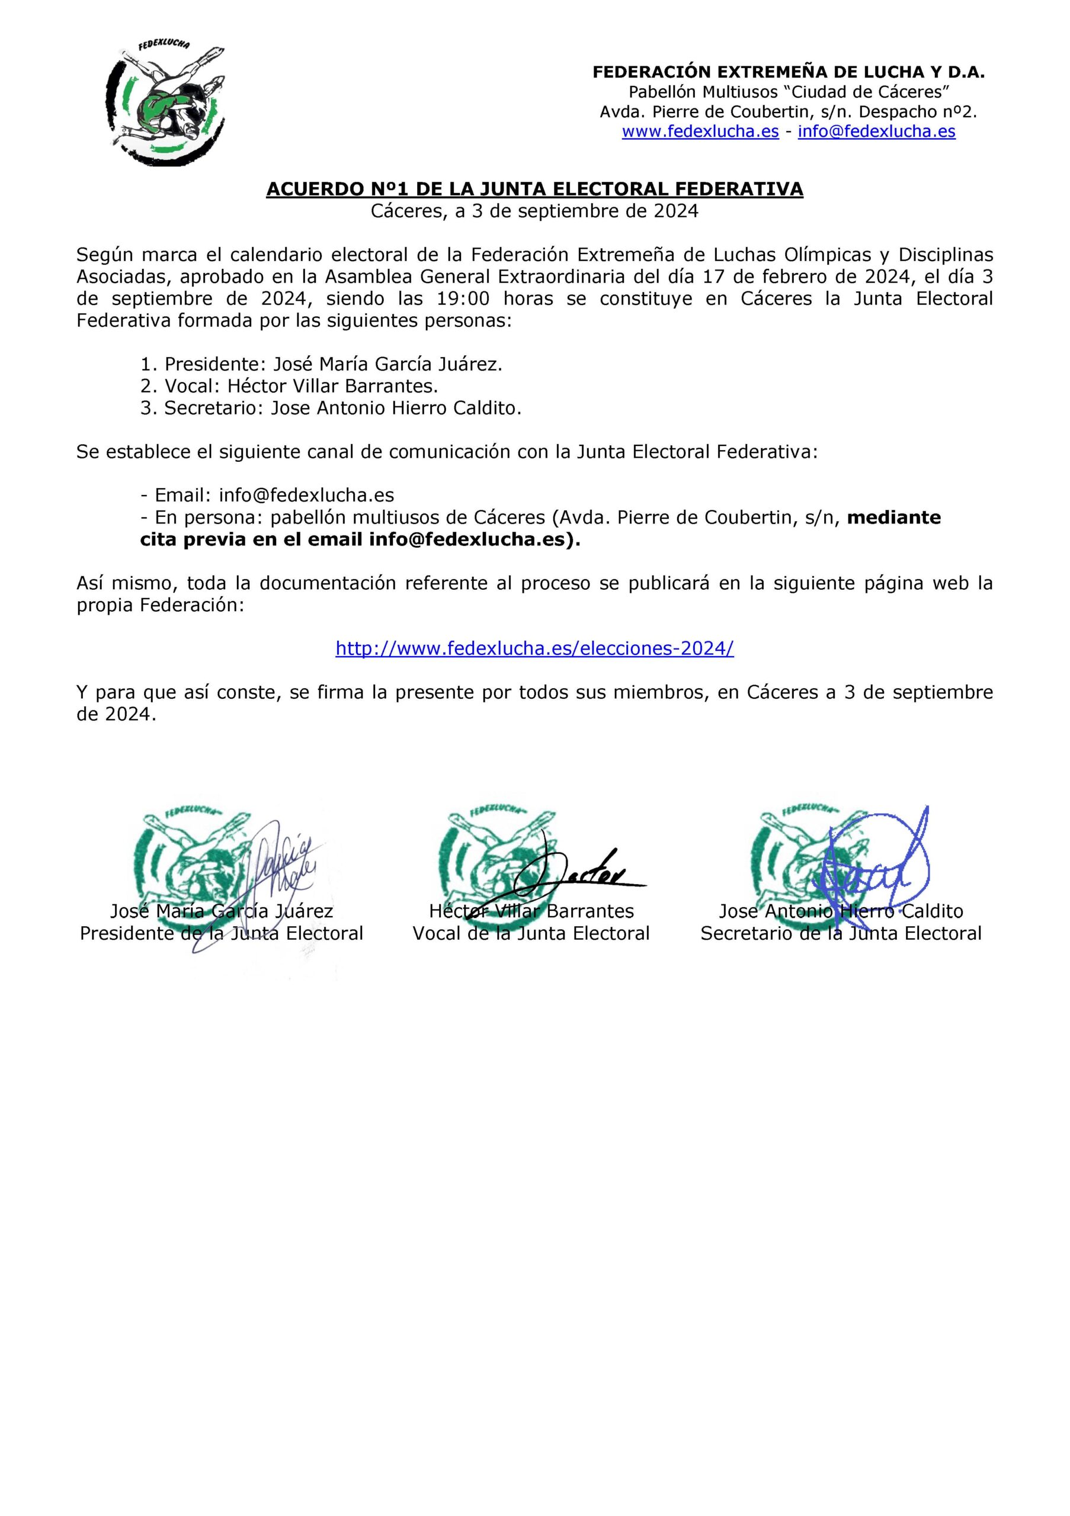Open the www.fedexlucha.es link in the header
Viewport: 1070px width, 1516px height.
700,131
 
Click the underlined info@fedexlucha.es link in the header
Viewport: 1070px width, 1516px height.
876,131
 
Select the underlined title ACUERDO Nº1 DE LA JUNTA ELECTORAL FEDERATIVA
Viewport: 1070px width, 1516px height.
534,189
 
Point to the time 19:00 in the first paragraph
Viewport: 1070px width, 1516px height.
463,299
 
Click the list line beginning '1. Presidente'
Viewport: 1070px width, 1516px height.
321,364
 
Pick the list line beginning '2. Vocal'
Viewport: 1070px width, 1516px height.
289,386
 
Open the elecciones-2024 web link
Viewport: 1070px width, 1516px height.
534,648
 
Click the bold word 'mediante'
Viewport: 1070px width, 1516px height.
893,518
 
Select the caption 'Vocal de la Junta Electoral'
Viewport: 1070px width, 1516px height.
531,934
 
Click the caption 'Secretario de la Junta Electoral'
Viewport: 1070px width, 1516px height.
841,934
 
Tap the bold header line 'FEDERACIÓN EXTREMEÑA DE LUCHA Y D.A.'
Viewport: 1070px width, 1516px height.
788,72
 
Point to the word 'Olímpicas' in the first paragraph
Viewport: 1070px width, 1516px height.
838,255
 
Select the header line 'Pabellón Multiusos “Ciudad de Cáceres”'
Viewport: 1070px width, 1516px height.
789,92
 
